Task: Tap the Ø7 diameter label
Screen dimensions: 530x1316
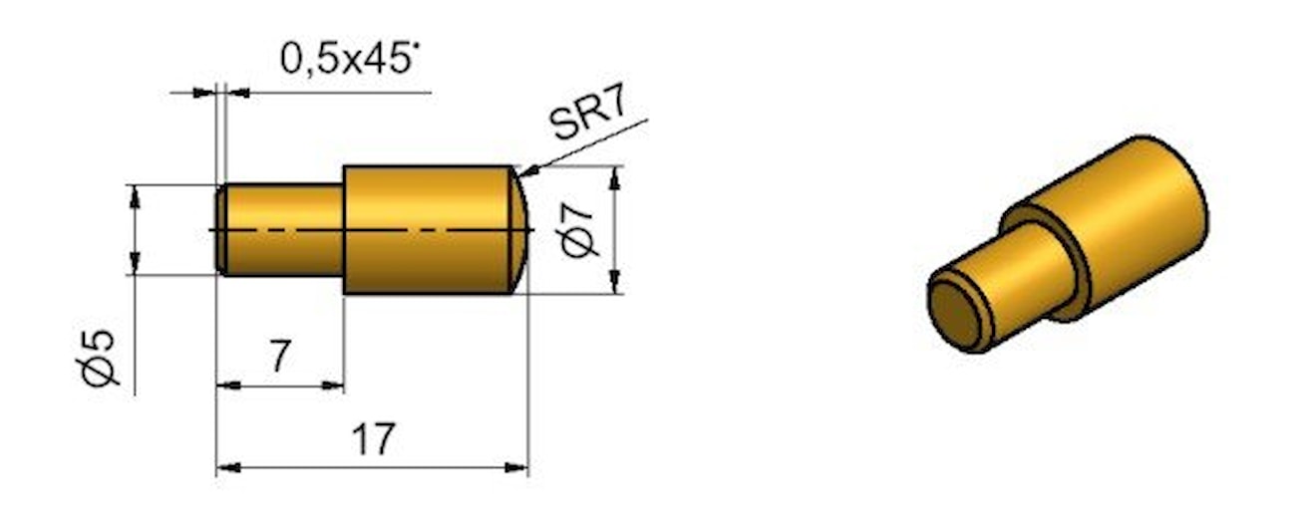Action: coord(580,230)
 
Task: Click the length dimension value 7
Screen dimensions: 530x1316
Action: coord(280,356)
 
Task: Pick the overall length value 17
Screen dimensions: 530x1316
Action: coord(373,438)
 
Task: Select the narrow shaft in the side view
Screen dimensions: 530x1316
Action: coord(284,230)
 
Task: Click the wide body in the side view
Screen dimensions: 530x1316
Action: coord(424,230)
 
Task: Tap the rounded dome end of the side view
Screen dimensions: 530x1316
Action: coord(519,230)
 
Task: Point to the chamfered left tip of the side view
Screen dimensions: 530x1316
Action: coord(221,230)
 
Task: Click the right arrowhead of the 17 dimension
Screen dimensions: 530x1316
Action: coord(519,466)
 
